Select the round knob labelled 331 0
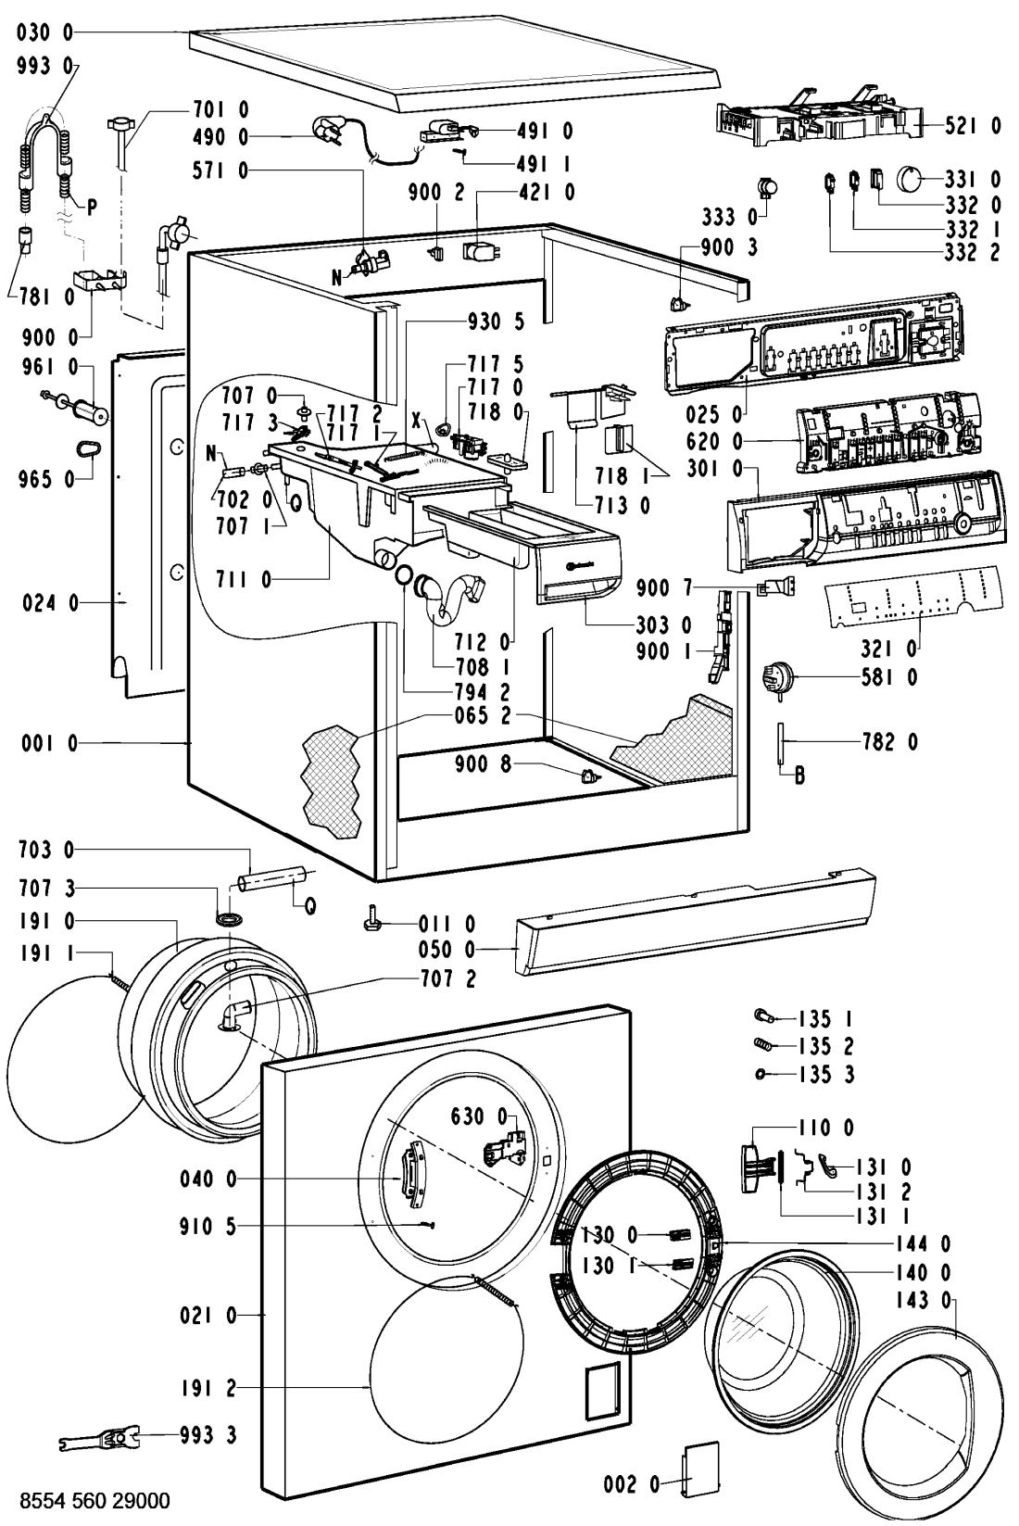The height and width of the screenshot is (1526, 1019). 913,178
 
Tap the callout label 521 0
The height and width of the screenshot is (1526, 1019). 972,125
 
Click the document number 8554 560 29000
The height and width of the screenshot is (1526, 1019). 88,1499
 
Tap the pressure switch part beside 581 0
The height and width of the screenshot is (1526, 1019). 774,676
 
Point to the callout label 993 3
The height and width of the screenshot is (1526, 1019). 208,1435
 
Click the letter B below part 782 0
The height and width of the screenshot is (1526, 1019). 799,776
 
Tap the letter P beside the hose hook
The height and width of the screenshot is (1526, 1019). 92,208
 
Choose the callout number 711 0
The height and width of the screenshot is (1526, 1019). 244,580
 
